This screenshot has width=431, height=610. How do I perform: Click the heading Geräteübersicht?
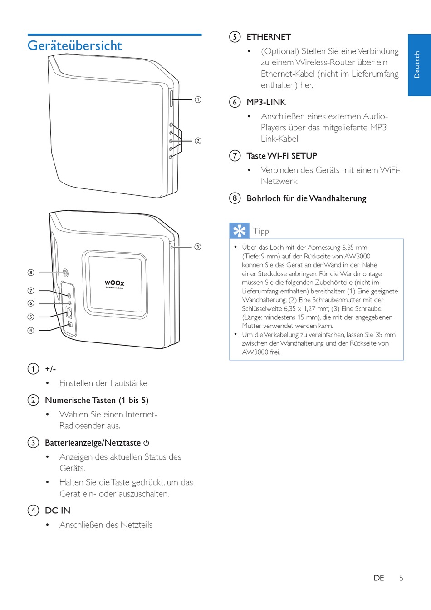(x=75, y=45)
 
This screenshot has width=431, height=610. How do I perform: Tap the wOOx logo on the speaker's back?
(x=114, y=283)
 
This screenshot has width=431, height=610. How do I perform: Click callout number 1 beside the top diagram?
(x=198, y=99)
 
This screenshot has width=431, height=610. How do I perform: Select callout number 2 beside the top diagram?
(x=198, y=141)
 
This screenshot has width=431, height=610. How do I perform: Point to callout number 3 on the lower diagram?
(x=198, y=247)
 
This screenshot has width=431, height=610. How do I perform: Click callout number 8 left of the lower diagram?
(x=31, y=273)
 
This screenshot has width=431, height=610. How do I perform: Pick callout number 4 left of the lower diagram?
(x=31, y=330)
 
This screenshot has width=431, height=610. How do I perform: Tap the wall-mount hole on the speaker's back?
(x=66, y=273)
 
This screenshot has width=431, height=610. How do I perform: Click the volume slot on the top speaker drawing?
(x=171, y=99)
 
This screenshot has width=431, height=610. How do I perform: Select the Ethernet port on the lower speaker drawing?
(x=69, y=312)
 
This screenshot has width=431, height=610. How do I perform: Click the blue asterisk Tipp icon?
(x=239, y=231)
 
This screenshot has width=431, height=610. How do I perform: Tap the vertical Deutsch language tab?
(x=419, y=64)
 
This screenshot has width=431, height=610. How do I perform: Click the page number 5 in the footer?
(x=401, y=578)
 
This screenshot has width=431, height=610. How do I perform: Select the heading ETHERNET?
(x=269, y=37)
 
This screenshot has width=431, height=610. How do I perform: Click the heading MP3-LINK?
(x=266, y=102)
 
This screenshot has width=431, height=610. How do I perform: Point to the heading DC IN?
(x=58, y=510)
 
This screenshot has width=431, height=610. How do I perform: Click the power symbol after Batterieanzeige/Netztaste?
(x=146, y=443)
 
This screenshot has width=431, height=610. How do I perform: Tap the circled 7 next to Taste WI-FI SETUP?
(x=235, y=156)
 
